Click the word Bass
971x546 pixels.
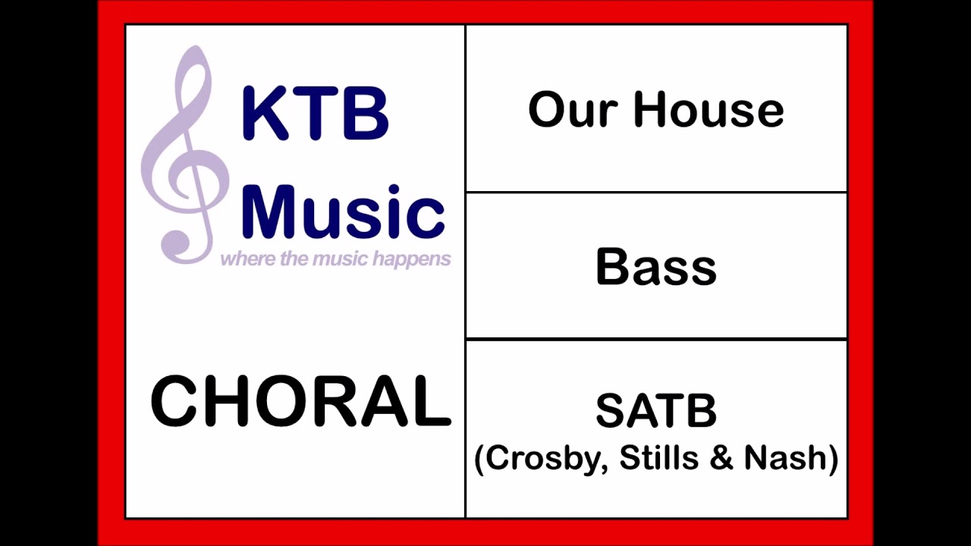click(655, 267)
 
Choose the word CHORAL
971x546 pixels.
click(300, 401)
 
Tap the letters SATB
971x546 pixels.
click(655, 411)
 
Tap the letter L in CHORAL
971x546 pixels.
click(432, 401)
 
